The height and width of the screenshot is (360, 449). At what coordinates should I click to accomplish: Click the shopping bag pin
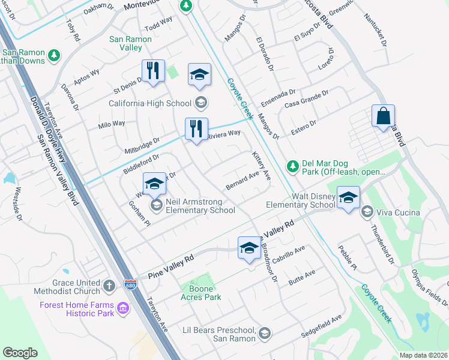382,116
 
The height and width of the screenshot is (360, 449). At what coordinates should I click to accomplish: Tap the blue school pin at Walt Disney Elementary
348,197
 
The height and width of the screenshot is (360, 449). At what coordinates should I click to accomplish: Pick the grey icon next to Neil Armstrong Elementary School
157,206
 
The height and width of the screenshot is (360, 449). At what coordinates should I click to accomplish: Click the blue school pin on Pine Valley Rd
249,247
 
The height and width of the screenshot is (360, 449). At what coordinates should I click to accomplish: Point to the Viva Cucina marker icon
367,211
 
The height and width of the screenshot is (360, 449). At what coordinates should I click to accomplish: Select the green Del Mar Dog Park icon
292,165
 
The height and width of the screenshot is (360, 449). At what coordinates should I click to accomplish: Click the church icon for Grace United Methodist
109,285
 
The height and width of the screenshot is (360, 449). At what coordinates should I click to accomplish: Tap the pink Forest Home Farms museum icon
124,309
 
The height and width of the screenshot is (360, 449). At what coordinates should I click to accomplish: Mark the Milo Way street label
111,124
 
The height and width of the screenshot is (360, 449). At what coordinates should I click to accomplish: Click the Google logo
20,353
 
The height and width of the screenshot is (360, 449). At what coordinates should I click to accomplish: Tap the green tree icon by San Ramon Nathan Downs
55,55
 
